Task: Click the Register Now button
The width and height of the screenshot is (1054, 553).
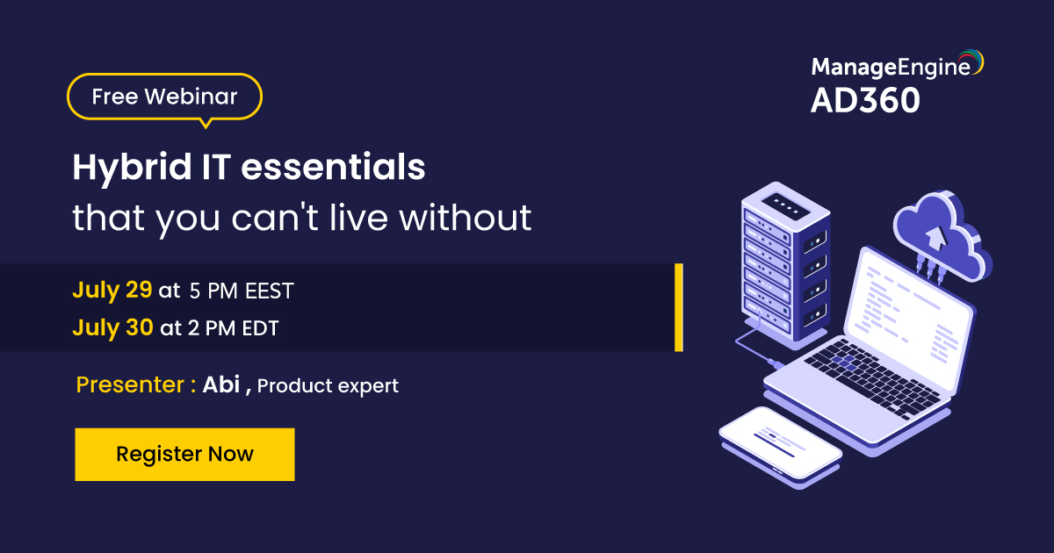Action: click(x=184, y=454)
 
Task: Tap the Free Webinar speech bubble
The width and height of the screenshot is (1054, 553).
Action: click(x=165, y=97)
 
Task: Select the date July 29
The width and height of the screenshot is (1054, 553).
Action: click(x=112, y=290)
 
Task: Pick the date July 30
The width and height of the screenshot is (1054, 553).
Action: click(x=112, y=328)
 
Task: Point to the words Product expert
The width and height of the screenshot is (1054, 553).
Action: click(x=328, y=385)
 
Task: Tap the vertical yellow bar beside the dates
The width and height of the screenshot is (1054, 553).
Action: click(x=678, y=307)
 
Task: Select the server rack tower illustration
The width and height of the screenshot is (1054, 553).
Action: click(x=785, y=263)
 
